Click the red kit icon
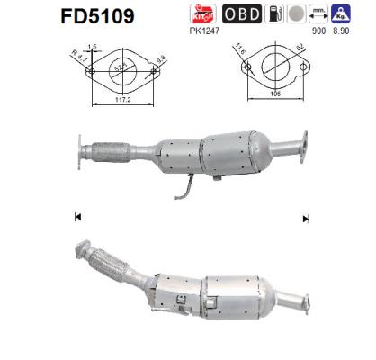pyautogui.click(x=202, y=13)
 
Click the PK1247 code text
pyautogui.click(x=206, y=28)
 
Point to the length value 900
pyautogui.click(x=318, y=28)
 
